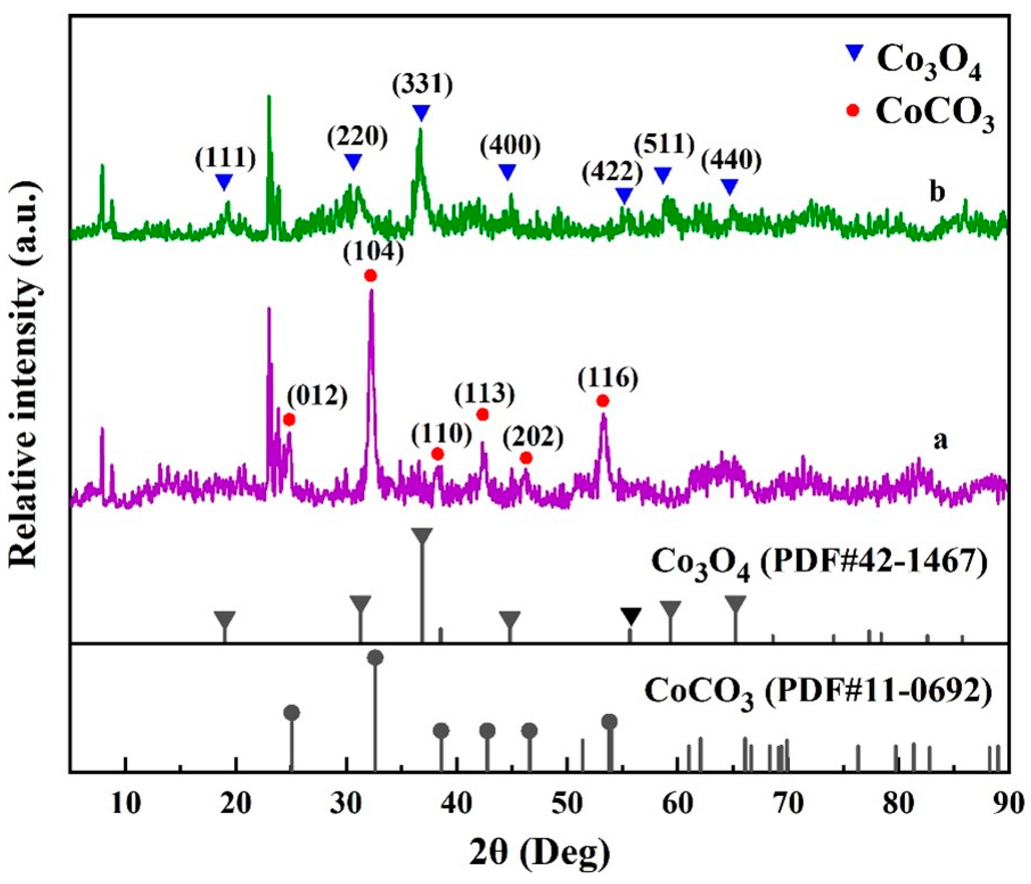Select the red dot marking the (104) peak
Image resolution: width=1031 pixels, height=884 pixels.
tap(370, 276)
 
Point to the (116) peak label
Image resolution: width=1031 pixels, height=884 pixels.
tap(608, 379)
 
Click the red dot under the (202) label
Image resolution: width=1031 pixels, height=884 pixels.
tap(526, 458)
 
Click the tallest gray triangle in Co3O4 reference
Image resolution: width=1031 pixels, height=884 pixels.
tap(422, 536)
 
